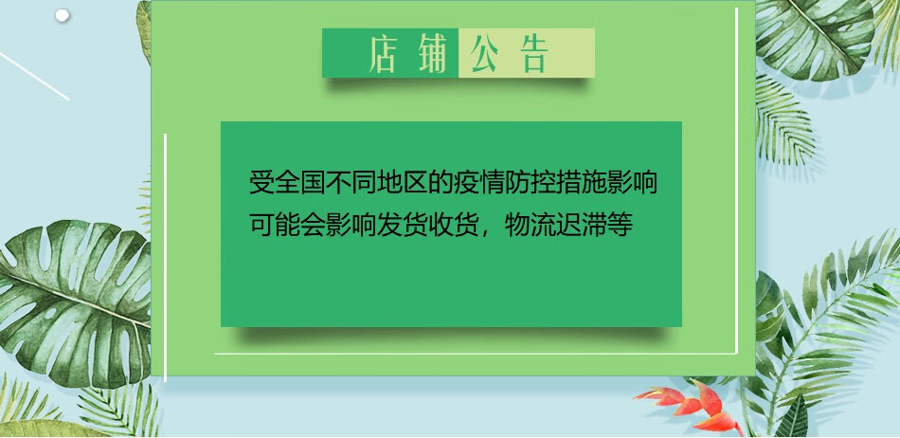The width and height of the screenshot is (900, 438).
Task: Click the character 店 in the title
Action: click(383, 53)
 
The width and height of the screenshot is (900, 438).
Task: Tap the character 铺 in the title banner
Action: click(432, 53)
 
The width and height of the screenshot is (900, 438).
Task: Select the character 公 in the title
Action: click(484, 53)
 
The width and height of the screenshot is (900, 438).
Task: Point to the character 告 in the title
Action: click(534, 53)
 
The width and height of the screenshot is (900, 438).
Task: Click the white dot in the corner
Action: click(62, 15)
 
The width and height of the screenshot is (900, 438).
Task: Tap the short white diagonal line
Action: click(34, 77)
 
